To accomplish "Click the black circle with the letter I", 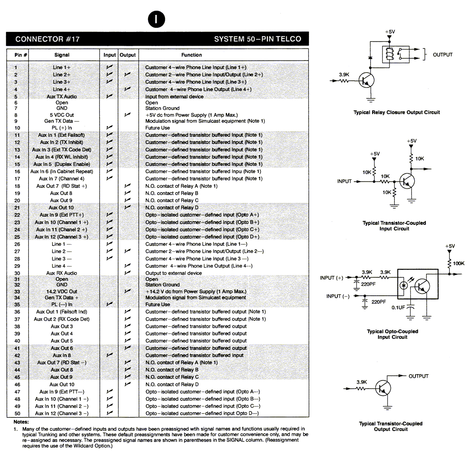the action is click(156, 19).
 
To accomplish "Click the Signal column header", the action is click(62, 55).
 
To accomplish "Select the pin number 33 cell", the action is click(17, 291).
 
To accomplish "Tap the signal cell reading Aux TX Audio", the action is click(62, 96).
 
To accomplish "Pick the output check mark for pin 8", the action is click(128, 115).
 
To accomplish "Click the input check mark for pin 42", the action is click(110, 355).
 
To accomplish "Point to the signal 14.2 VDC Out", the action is click(62, 291).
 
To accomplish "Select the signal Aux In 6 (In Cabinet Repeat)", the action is click(62, 172).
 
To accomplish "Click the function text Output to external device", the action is click(174, 273).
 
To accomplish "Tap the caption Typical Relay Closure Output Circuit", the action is click(397, 112).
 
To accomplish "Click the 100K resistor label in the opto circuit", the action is click(459, 263).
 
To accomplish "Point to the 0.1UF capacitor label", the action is click(398, 307).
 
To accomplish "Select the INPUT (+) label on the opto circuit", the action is click(331, 278).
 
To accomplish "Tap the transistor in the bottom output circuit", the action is click(383, 388).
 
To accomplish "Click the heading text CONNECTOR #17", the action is click(47, 39).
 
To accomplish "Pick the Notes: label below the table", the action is click(21, 422).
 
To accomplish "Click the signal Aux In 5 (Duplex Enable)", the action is click(62, 164).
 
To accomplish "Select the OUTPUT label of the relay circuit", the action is click(443, 55).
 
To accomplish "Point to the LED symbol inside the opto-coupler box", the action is click(404, 285).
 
